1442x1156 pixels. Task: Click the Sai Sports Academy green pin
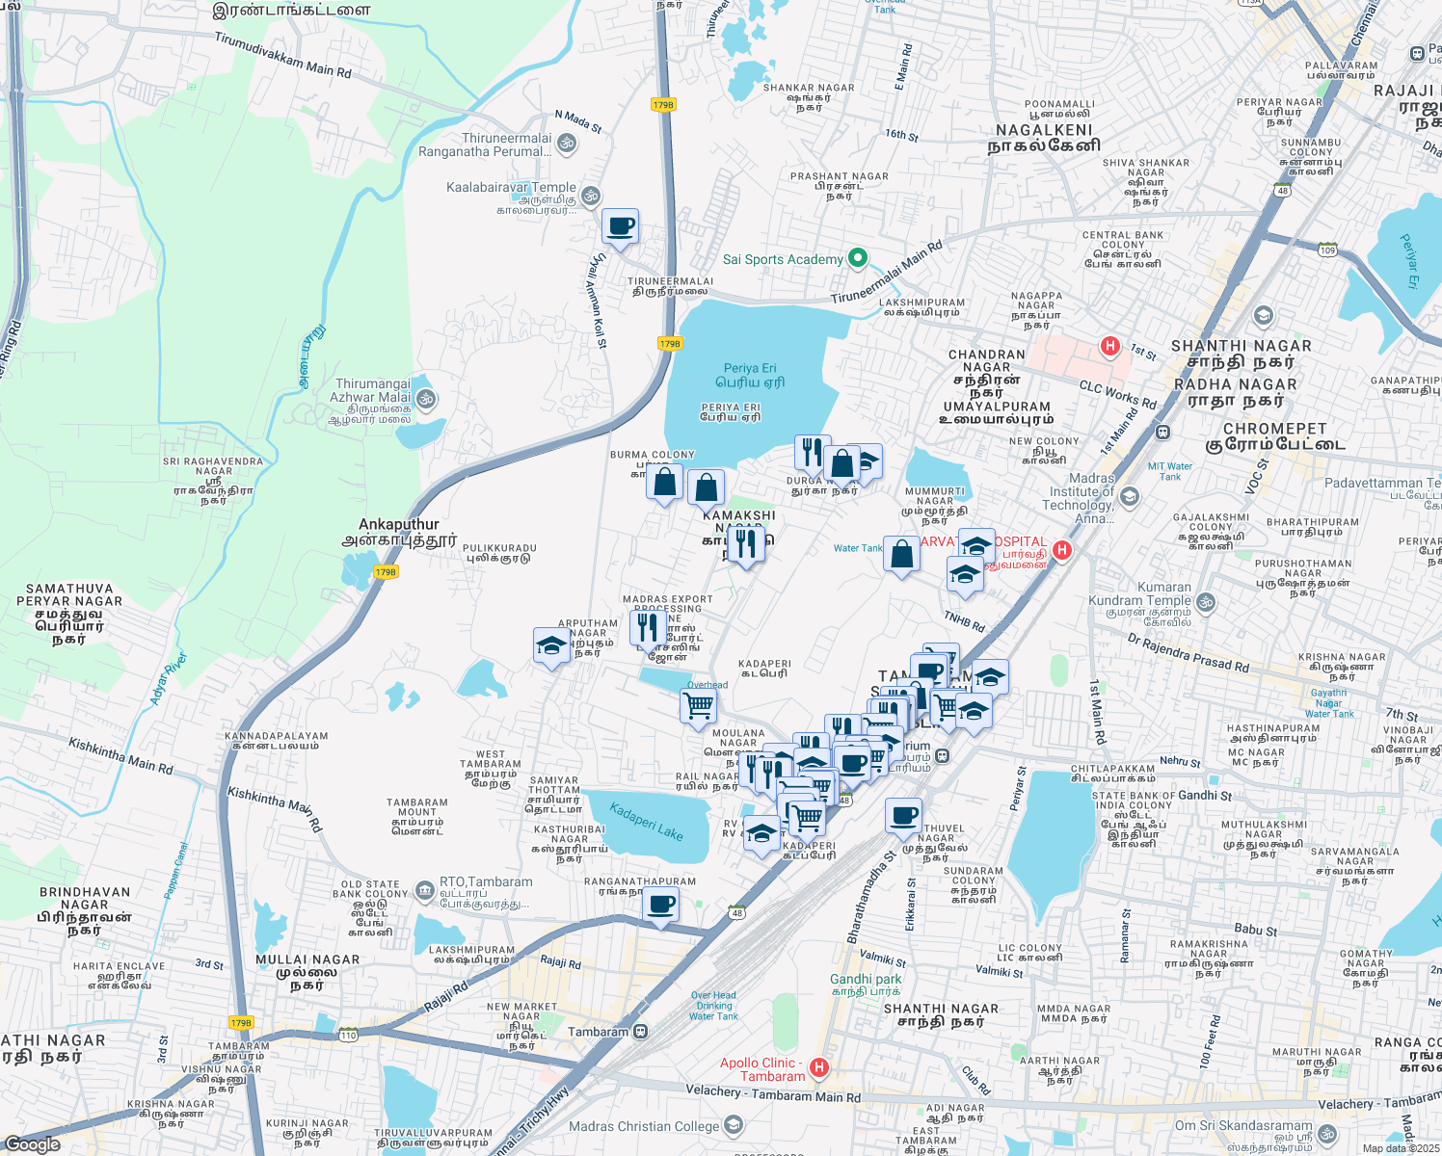(857, 258)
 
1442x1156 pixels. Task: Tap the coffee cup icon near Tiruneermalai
(621, 227)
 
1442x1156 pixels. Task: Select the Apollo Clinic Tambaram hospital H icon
(819, 1067)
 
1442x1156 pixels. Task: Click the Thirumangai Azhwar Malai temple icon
(425, 398)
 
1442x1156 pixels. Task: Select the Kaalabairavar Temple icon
(591, 196)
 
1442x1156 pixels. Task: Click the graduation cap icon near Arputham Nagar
(551, 645)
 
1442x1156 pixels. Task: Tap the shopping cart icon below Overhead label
(698, 706)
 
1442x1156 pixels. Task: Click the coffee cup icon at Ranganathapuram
(661, 905)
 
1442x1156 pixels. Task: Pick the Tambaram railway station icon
(640, 1032)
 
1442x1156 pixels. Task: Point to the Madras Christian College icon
(734, 1125)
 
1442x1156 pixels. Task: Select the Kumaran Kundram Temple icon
(1206, 603)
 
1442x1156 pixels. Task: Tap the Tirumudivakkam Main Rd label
(282, 56)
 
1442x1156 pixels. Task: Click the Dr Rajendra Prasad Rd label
(1188, 652)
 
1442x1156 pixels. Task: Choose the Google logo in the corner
(33, 1144)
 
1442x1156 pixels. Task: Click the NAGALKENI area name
(1044, 138)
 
